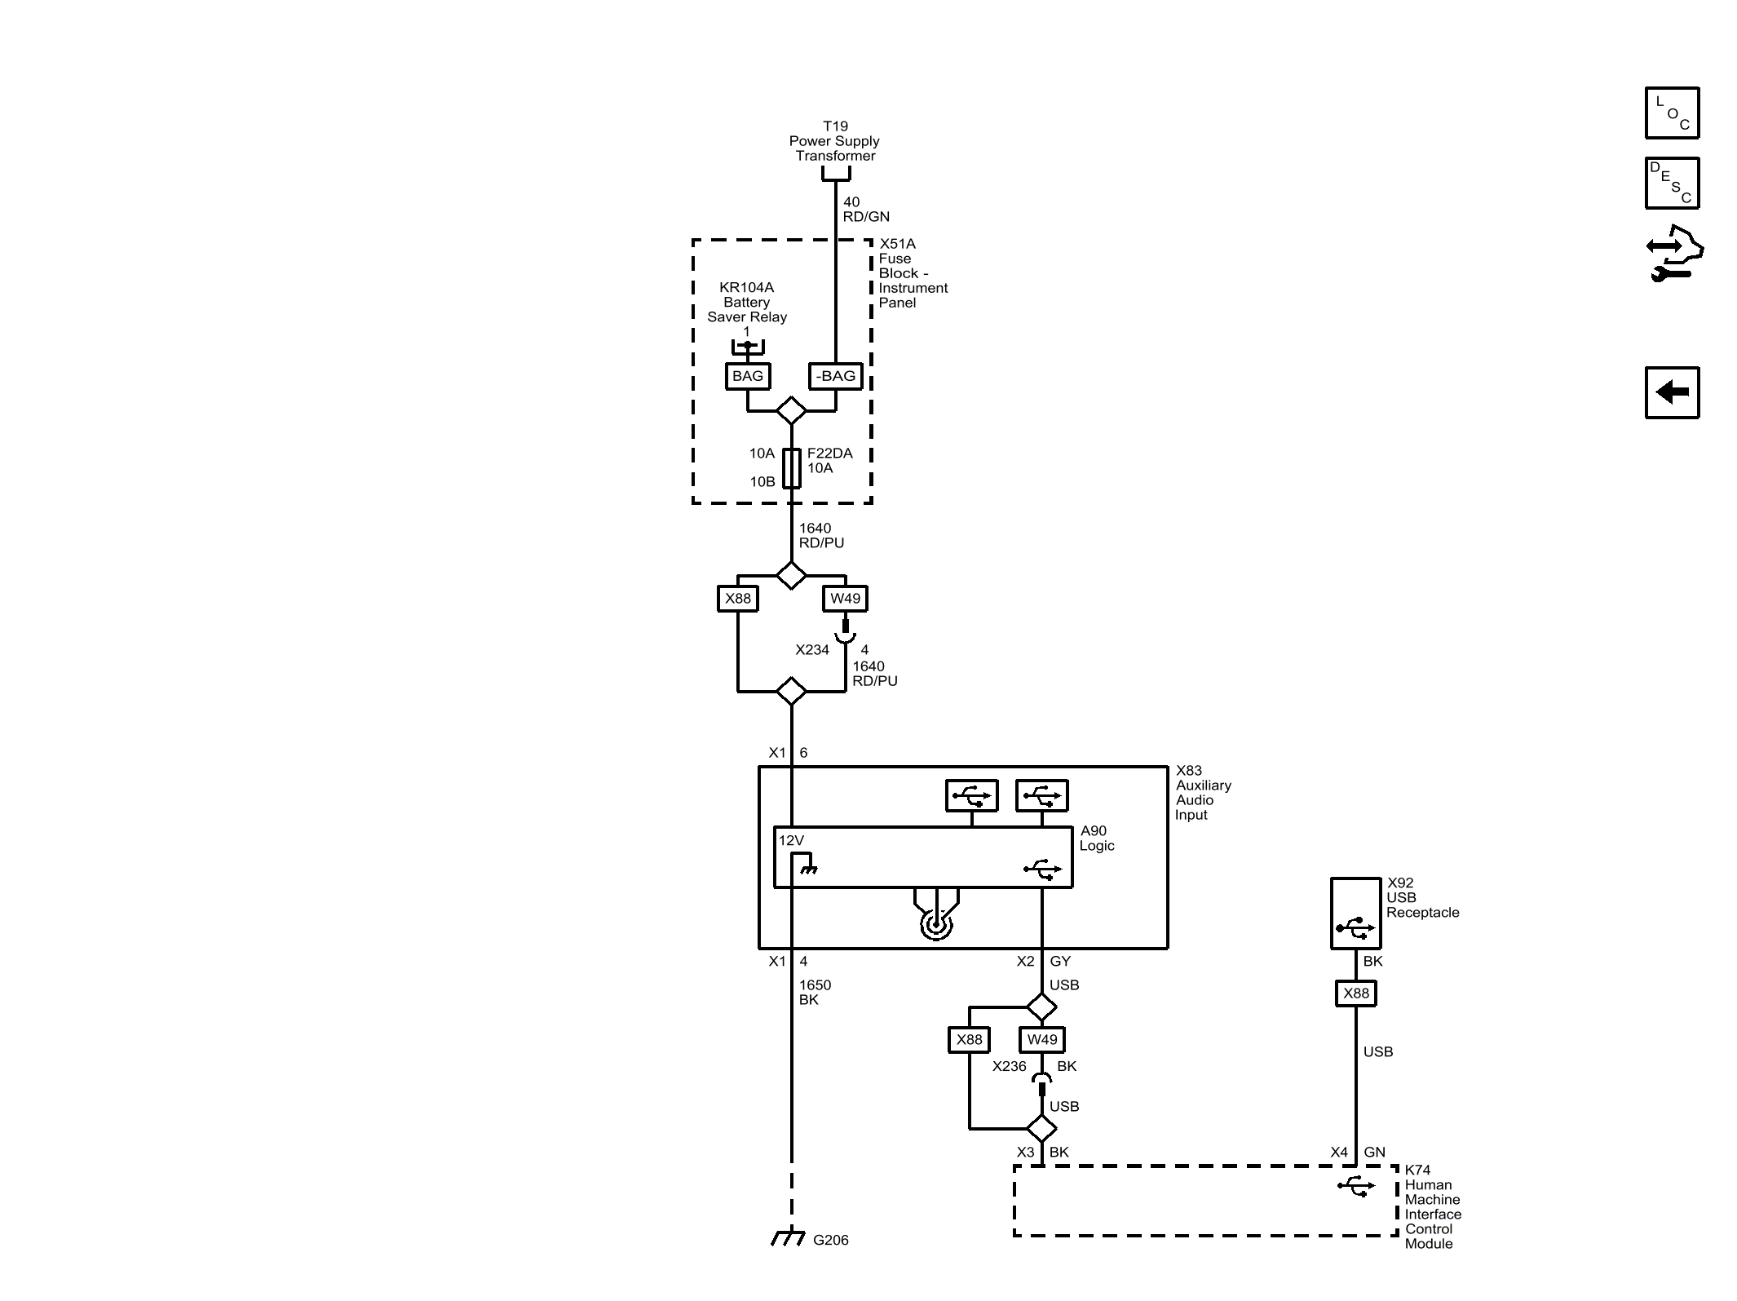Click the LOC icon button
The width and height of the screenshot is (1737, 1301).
(1672, 113)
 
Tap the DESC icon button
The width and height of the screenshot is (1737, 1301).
(1672, 184)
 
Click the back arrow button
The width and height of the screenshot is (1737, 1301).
(1672, 392)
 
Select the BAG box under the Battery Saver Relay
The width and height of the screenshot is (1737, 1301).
(747, 376)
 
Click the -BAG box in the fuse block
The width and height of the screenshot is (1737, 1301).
(836, 376)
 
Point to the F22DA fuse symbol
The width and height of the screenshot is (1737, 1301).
(792, 468)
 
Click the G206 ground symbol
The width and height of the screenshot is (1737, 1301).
(788, 1238)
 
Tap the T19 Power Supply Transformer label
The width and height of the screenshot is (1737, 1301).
(835, 141)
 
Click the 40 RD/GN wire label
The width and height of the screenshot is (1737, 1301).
(865, 210)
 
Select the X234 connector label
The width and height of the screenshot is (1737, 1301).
(812, 650)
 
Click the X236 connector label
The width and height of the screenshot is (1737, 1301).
(1009, 1066)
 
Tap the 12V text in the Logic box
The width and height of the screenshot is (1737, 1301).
(791, 840)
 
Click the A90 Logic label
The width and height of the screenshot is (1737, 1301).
(1096, 839)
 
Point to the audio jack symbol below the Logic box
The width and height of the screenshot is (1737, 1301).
(936, 924)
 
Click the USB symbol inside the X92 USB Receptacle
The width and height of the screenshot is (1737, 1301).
(1355, 927)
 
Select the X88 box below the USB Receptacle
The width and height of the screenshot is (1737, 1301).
(1355, 993)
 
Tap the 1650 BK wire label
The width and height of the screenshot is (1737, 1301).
(815, 993)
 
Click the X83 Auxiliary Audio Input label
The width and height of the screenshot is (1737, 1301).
(1202, 793)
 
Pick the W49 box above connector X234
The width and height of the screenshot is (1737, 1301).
(845, 599)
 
